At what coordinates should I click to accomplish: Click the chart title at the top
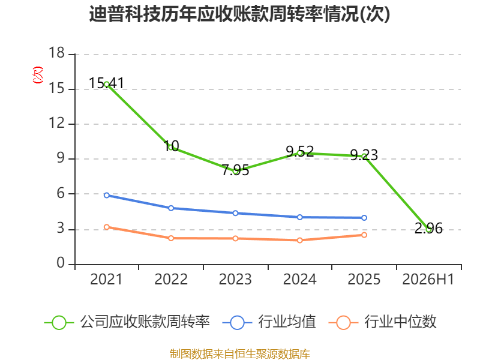(239, 14)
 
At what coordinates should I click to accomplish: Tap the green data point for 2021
(107, 85)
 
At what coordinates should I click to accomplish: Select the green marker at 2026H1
(428, 229)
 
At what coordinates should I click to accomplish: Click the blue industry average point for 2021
(107, 196)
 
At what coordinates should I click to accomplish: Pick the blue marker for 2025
(364, 218)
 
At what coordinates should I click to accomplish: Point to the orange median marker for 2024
(299, 241)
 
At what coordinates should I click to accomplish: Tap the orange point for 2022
(171, 238)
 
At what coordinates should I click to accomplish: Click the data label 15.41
(107, 83)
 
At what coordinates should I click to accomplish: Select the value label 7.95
(235, 170)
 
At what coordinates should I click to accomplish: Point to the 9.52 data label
(299, 152)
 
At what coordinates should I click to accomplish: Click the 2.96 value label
(428, 229)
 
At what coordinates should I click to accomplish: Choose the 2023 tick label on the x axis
(235, 280)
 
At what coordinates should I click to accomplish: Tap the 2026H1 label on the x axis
(428, 280)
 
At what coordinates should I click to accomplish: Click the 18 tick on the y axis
(57, 53)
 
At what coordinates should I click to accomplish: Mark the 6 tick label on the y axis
(61, 193)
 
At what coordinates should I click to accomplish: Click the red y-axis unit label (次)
(38, 75)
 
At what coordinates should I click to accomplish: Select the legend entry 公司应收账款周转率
(127, 322)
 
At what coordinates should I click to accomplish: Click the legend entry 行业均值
(269, 322)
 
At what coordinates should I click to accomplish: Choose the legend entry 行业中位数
(383, 322)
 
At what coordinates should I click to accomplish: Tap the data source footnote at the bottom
(240, 354)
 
